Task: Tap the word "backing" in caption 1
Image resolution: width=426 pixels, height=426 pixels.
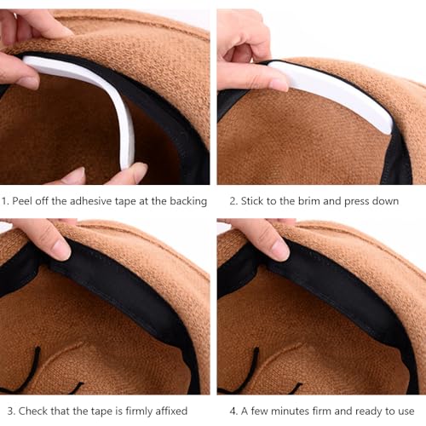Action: click(x=187, y=201)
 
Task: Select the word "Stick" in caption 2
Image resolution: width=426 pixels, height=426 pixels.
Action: click(x=257, y=201)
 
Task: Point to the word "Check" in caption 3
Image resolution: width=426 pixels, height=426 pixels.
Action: click(x=30, y=411)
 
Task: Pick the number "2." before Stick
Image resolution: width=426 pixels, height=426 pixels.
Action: click(x=234, y=201)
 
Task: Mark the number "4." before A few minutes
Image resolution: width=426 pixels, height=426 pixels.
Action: click(x=234, y=411)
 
